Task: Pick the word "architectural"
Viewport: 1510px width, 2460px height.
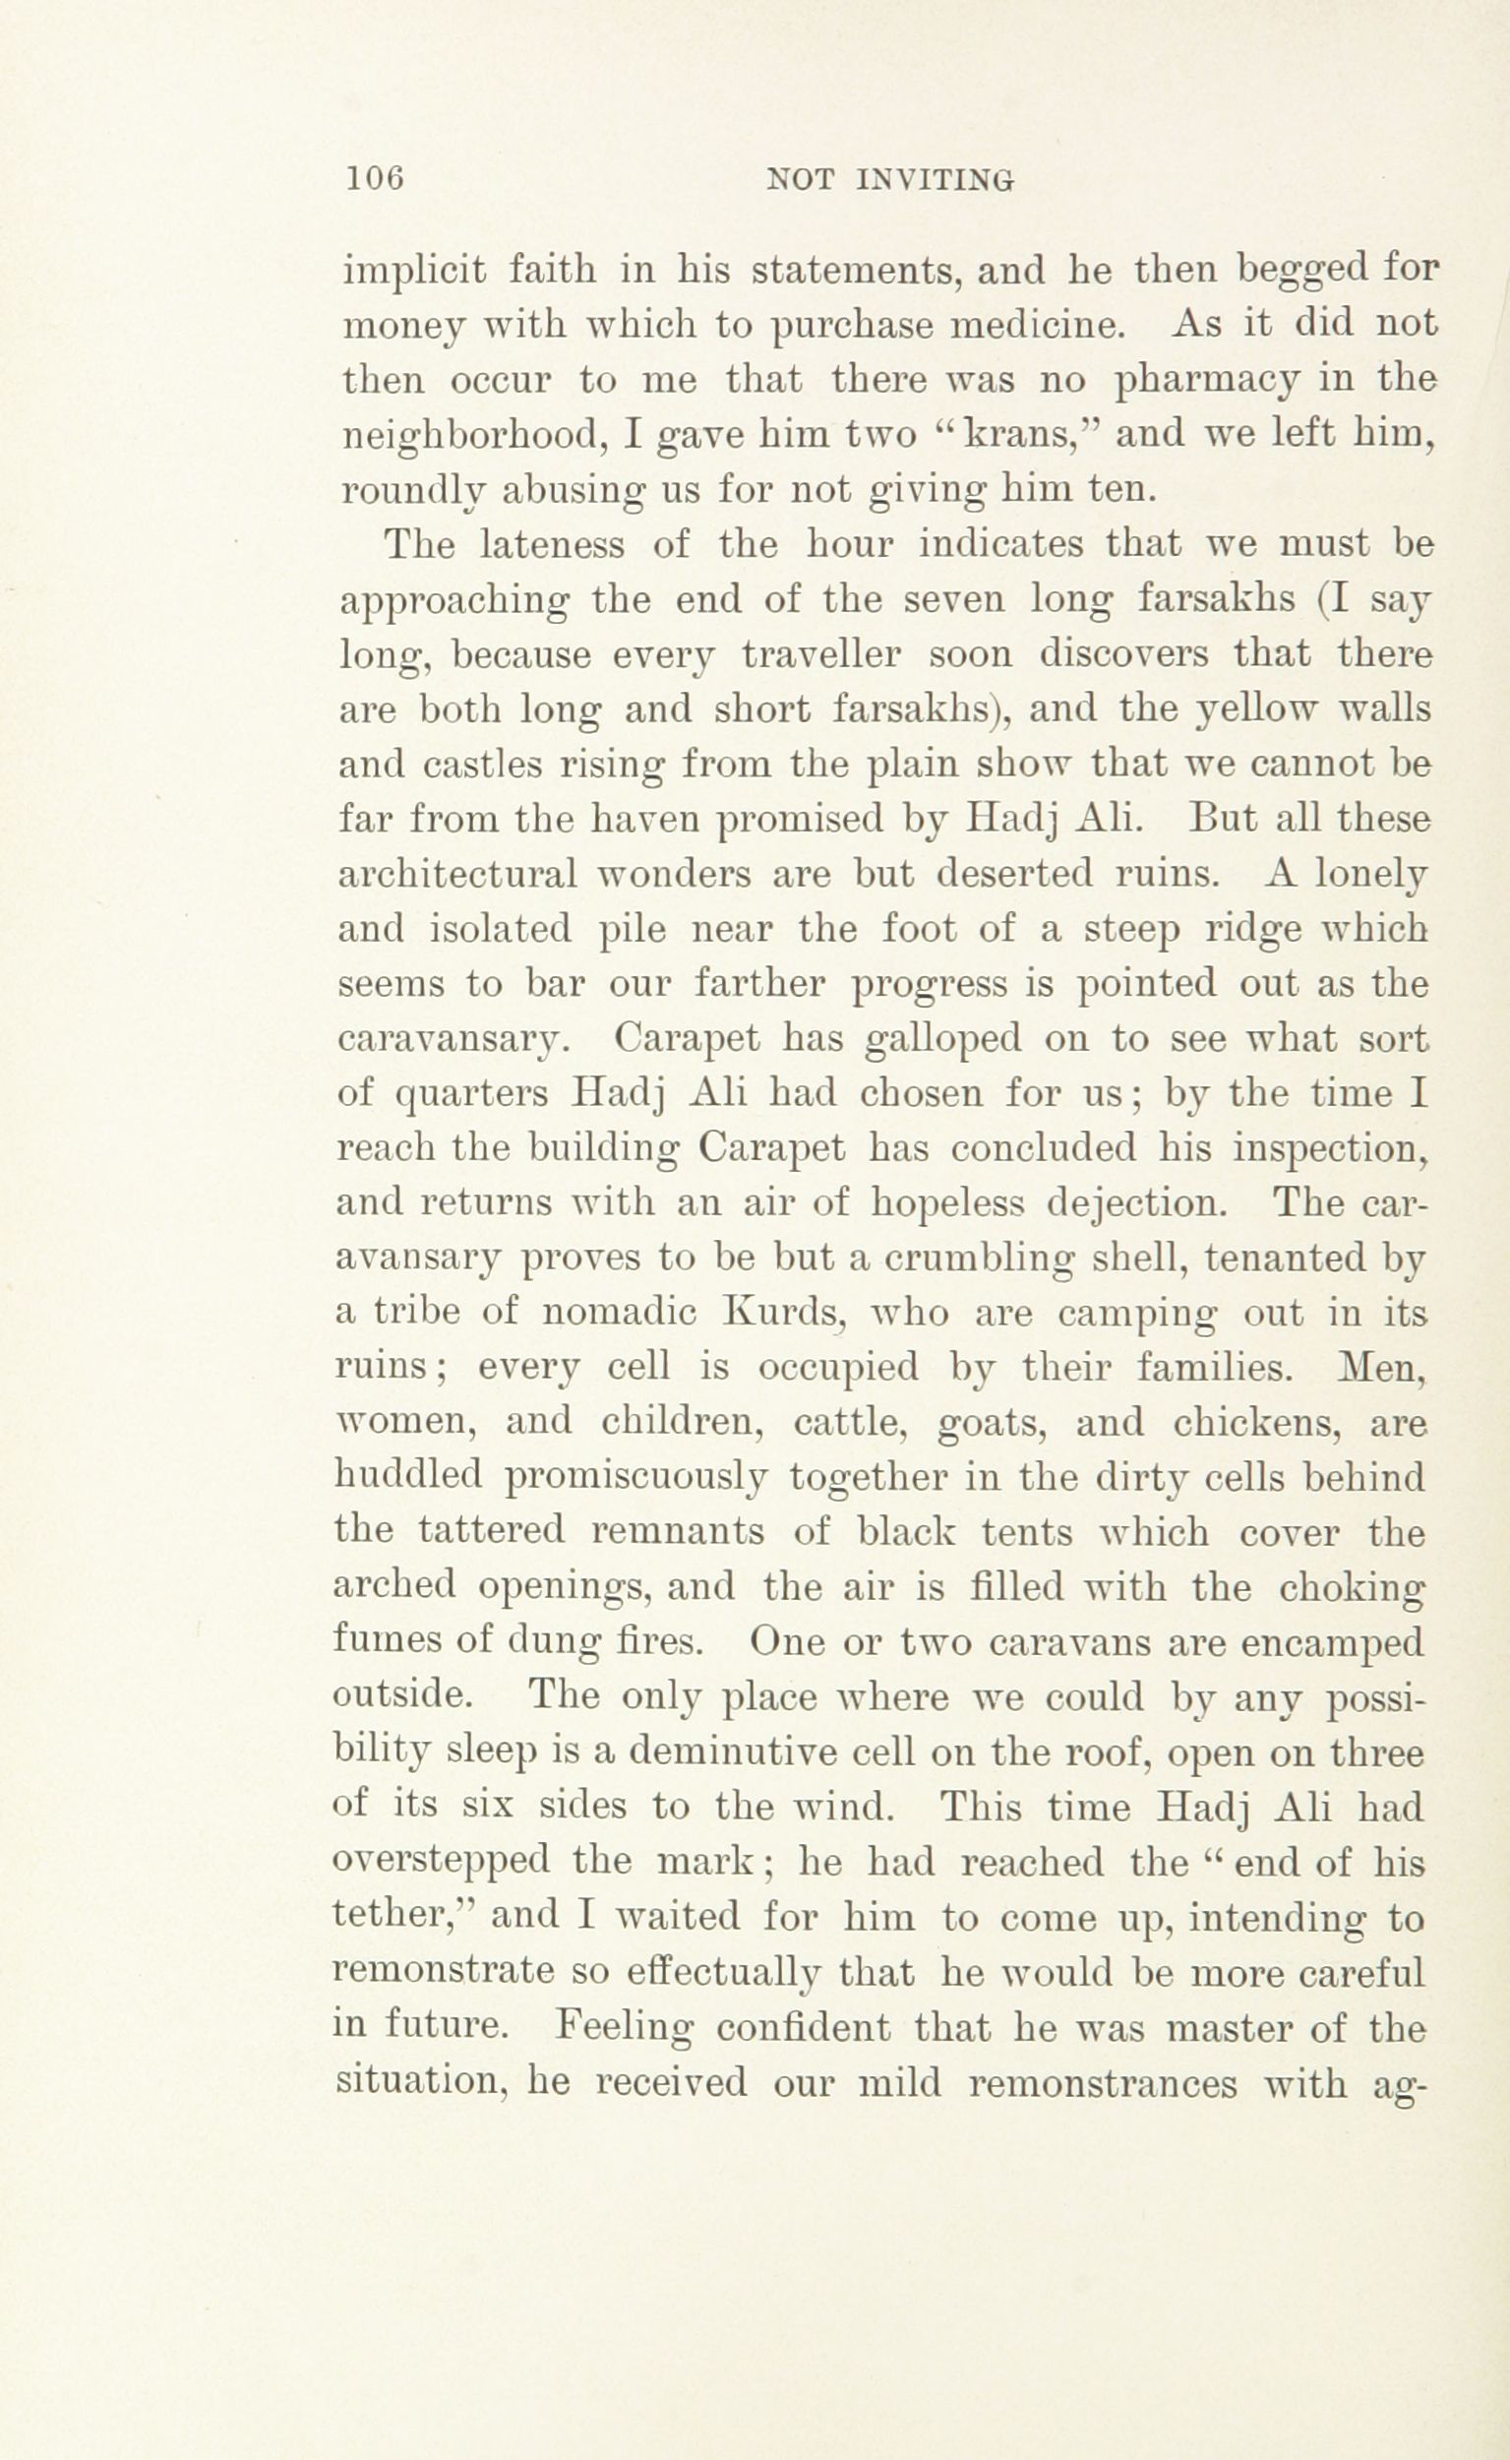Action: pyautogui.click(x=458, y=874)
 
